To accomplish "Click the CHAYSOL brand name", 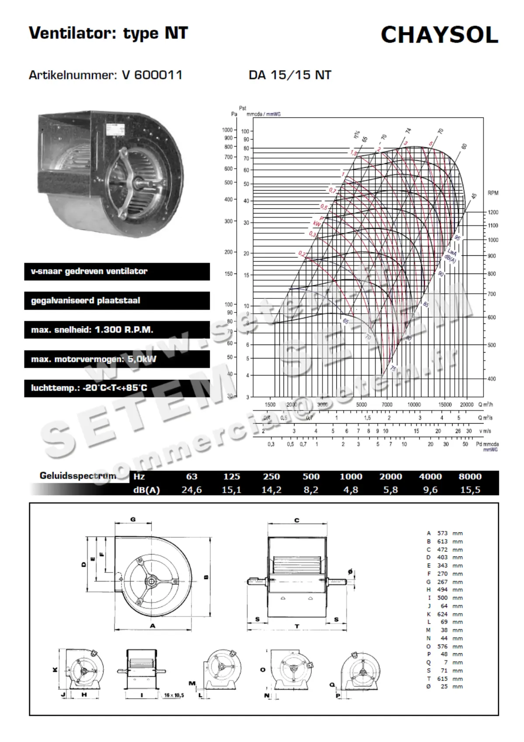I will point(439,35).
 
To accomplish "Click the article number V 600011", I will point(152,75).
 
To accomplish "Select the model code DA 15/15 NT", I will point(290,75).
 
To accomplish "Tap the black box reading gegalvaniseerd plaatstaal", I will point(117,301).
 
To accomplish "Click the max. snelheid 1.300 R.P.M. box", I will point(117,330).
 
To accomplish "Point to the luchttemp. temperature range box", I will point(117,388).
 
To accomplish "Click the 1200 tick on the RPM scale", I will point(493,212).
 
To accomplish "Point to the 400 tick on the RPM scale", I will point(492,379).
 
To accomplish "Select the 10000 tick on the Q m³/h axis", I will point(414,405).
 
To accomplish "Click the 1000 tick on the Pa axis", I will point(227,130).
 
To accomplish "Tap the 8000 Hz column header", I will point(470,477).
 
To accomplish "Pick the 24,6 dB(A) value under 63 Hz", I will point(192,490).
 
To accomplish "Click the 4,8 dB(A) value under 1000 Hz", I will point(351,490).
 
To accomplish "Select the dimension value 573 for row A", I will point(442,533).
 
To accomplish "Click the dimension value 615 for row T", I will point(442,679).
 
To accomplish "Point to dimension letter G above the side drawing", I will point(133,520).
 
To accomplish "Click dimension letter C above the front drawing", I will point(297,520).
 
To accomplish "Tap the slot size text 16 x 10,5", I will point(174,695).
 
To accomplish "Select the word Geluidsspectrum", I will point(78,476).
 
